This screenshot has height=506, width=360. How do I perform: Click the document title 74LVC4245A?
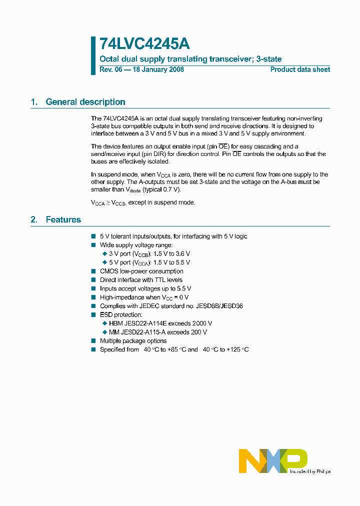144,44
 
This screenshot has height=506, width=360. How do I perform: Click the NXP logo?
272,460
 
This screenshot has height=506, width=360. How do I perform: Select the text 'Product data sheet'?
300,69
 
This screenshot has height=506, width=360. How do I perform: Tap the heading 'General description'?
85,102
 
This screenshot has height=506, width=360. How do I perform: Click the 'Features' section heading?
63,219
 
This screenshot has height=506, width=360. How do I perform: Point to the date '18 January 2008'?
157,69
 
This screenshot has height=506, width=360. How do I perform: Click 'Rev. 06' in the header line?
110,69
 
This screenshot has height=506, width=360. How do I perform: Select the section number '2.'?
34,219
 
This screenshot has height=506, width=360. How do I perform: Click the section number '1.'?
34,102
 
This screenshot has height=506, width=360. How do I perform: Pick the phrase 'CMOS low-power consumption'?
141,271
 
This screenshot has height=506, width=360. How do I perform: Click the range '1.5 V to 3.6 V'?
171,253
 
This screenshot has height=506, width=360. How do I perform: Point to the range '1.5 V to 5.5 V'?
171,262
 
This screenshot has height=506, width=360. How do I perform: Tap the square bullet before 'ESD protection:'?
93,315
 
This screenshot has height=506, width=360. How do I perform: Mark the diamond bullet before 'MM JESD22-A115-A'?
104,332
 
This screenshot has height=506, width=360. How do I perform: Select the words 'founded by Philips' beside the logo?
310,471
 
